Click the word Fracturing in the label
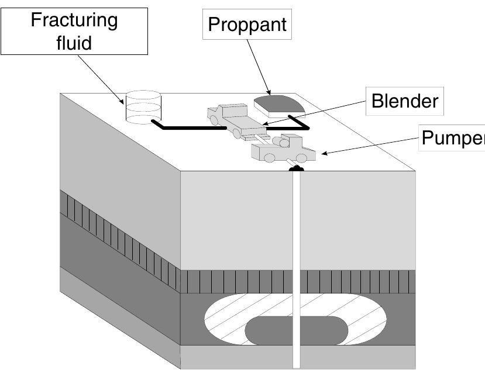pyautogui.click(x=74, y=20)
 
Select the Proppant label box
pyautogui.click(x=247, y=25)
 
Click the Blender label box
pyautogui.click(x=405, y=101)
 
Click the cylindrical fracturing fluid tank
pyautogui.click(x=143, y=107)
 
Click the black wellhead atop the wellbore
pyautogui.click(x=297, y=169)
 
